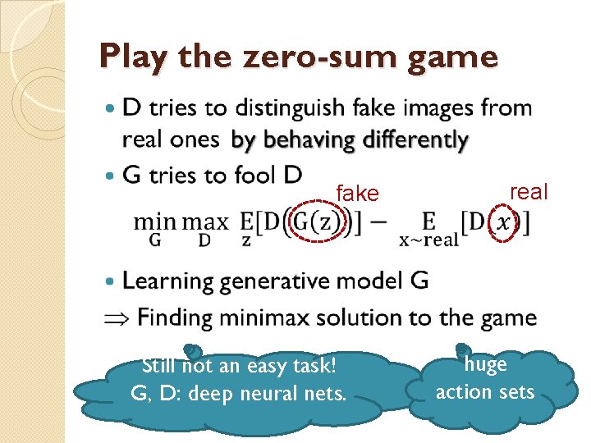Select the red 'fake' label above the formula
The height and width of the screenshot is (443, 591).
coord(357,194)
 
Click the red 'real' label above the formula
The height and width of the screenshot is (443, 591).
coord(529,192)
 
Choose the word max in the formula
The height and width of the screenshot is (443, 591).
coord(205,221)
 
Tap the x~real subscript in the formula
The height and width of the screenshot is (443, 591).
coord(428,240)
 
